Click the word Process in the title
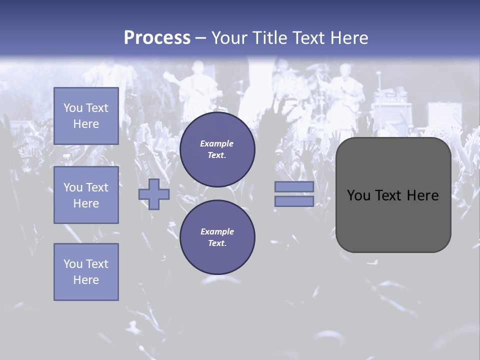(x=157, y=38)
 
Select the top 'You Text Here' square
(x=86, y=116)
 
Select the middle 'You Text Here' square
(x=86, y=195)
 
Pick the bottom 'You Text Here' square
(x=86, y=272)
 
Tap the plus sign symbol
(x=154, y=194)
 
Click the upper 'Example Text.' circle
(x=217, y=149)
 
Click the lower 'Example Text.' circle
(x=217, y=237)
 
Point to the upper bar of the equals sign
(x=294, y=186)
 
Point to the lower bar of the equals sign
(x=294, y=201)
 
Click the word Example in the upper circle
(x=217, y=143)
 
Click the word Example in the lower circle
(x=217, y=231)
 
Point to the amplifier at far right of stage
(x=444, y=115)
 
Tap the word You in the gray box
(x=359, y=195)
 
